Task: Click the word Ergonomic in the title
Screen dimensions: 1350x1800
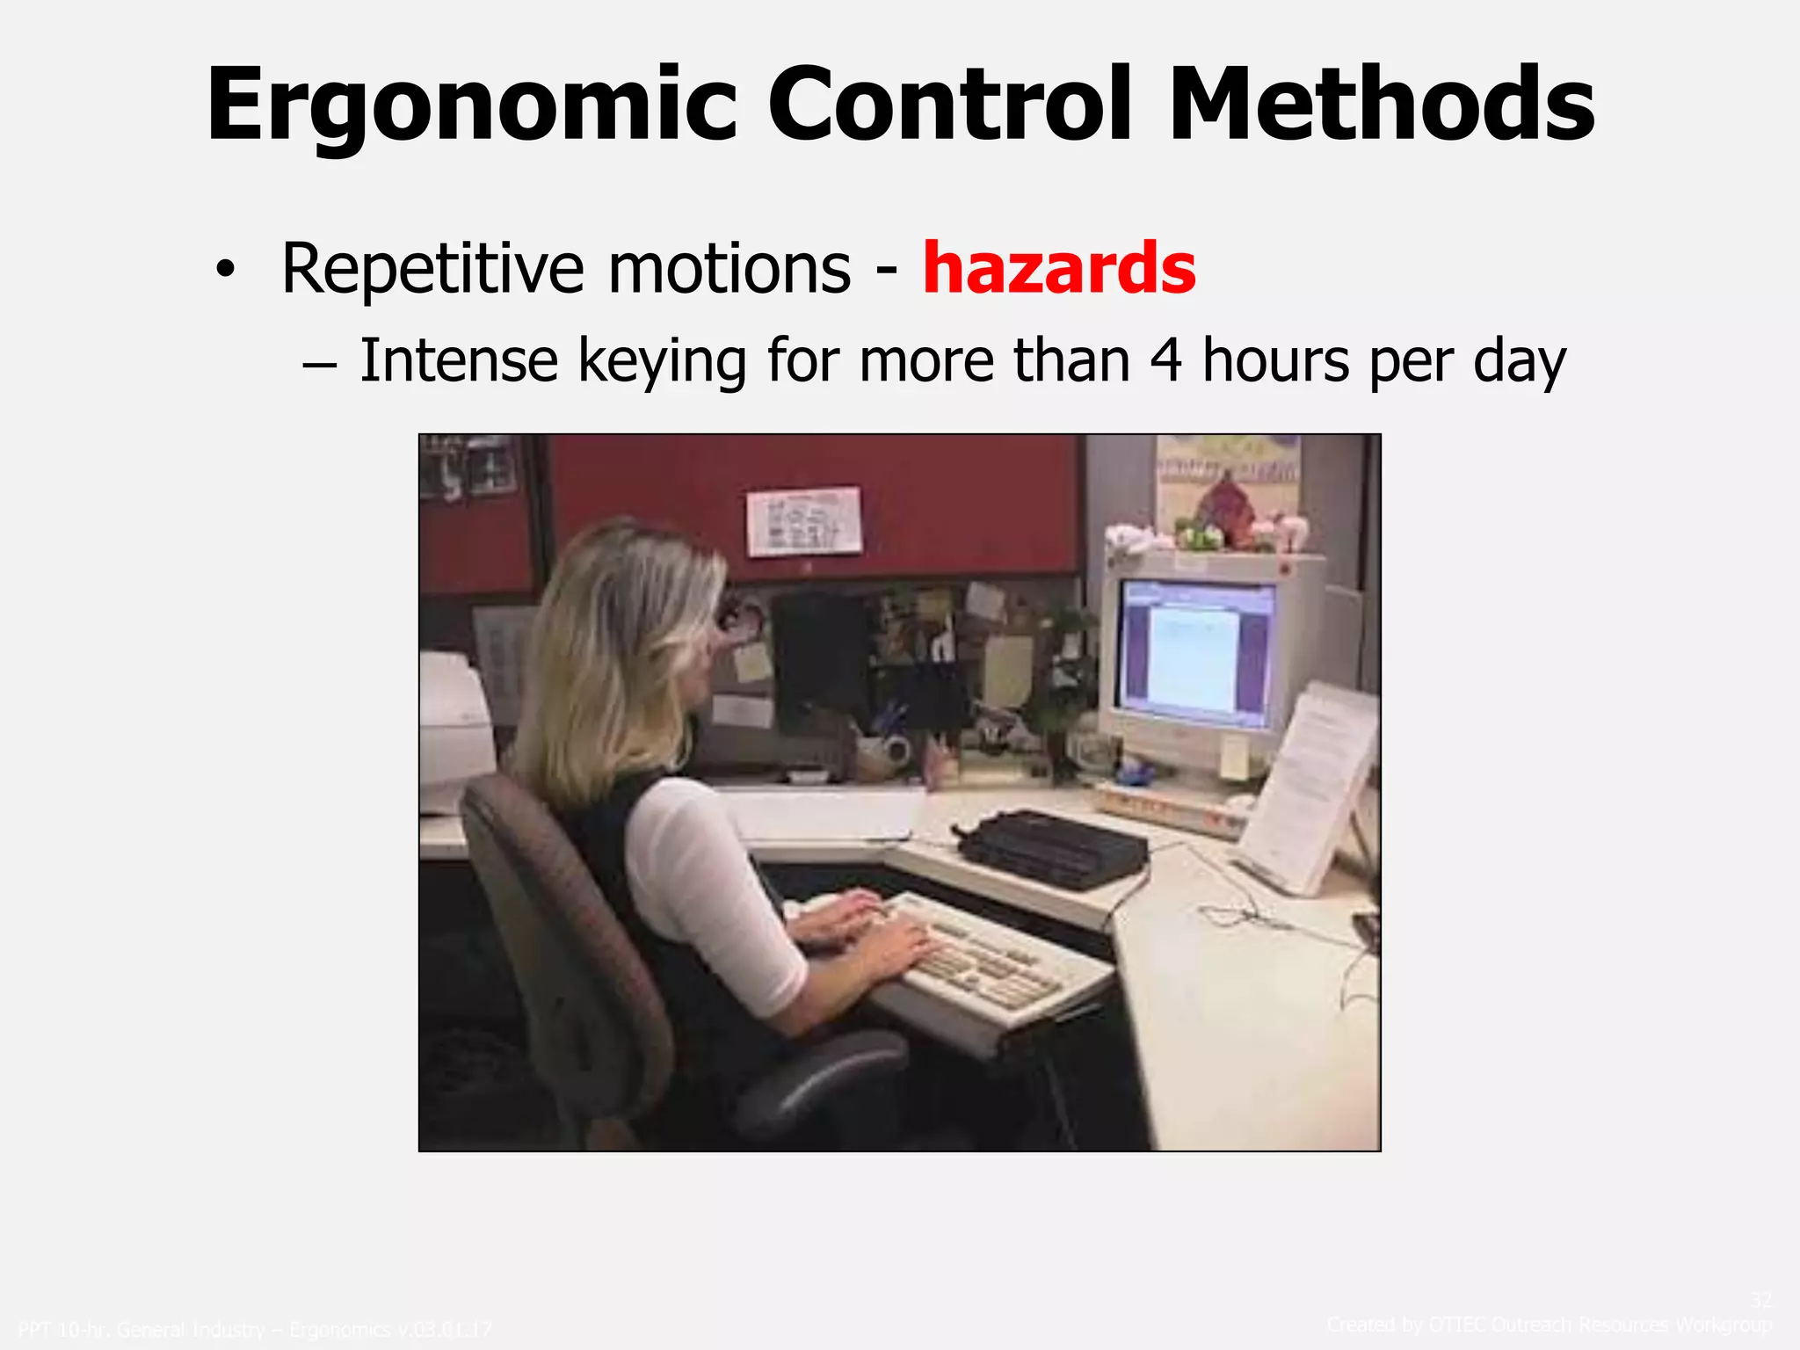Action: coord(471,105)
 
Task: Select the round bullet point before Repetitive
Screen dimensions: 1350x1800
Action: coord(226,272)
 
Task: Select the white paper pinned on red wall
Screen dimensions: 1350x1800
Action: coord(803,520)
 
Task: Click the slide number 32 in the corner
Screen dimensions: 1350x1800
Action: coord(1760,1299)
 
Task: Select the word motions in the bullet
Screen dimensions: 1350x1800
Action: coord(729,269)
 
